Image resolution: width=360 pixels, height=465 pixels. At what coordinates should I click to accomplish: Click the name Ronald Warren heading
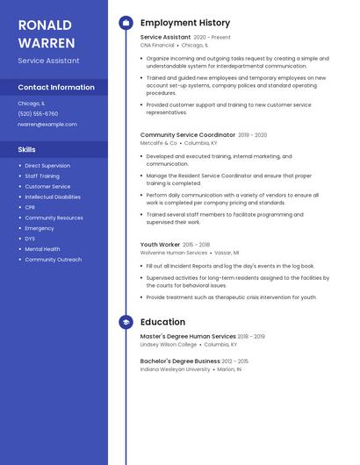click(x=46, y=32)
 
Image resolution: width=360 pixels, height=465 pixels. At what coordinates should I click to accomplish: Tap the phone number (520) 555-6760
click(x=38, y=113)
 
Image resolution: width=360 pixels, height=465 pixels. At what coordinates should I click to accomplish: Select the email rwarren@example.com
click(x=47, y=124)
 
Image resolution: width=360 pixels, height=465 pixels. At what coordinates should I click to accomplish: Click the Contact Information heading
click(x=56, y=87)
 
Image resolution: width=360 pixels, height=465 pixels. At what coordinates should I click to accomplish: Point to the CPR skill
click(x=31, y=207)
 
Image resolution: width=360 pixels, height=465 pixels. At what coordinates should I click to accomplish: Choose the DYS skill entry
click(x=30, y=239)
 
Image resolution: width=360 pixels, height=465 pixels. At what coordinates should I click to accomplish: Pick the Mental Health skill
click(x=42, y=249)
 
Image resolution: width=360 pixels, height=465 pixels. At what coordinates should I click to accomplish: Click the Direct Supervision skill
click(x=47, y=166)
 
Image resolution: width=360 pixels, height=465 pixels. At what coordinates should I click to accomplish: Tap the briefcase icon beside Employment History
click(x=126, y=23)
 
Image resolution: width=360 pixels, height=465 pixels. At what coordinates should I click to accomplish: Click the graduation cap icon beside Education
click(x=126, y=322)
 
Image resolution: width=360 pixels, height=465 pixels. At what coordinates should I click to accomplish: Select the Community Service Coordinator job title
click(x=188, y=135)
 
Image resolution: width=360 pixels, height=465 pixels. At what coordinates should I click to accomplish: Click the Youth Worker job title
click(x=160, y=245)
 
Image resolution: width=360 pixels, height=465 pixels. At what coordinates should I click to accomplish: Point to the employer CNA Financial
click(x=157, y=45)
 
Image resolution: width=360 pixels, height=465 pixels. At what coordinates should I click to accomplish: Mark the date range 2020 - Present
click(x=212, y=38)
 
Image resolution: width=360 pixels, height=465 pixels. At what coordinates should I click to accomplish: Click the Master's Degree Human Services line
click(x=188, y=336)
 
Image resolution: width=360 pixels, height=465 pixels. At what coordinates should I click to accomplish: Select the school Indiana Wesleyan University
click(x=176, y=369)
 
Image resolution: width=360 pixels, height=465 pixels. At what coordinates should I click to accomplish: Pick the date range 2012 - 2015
click(x=235, y=361)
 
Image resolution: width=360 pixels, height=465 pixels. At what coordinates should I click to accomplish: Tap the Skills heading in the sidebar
click(x=26, y=149)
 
